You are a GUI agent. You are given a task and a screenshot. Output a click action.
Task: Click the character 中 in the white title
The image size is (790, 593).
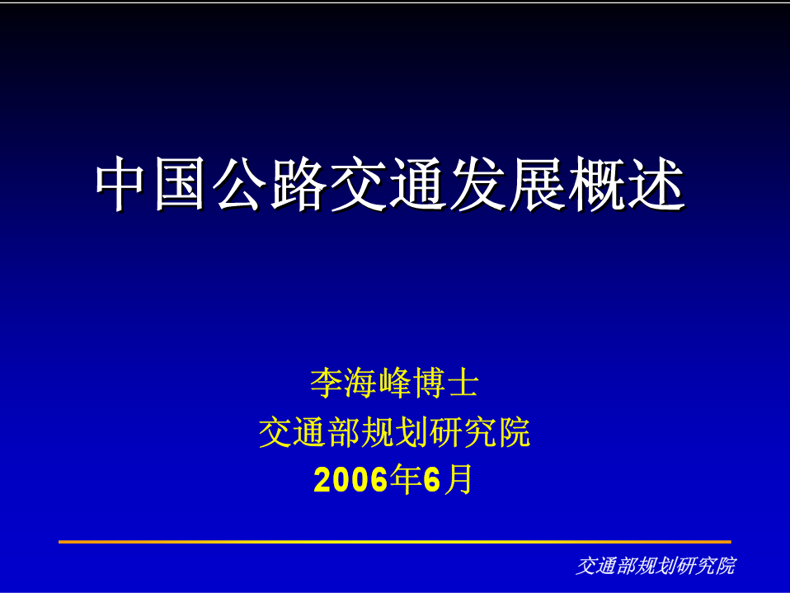click(120, 183)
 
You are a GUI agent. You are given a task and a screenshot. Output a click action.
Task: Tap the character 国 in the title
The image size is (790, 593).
click(180, 183)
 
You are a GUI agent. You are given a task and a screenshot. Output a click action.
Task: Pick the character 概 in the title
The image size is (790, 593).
click(595, 183)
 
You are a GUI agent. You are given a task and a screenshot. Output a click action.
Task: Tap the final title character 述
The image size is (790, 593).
click(655, 183)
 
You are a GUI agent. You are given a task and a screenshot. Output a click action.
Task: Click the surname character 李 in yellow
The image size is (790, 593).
click(327, 383)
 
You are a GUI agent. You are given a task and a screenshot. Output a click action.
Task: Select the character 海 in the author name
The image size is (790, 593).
click(360, 383)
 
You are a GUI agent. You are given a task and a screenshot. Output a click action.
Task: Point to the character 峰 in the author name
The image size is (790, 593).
click(395, 383)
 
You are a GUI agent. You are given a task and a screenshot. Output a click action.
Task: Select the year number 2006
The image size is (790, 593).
click(351, 479)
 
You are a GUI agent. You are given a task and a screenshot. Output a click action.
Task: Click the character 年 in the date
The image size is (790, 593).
click(406, 479)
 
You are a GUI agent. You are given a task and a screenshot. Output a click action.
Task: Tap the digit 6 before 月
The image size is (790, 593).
click(432, 479)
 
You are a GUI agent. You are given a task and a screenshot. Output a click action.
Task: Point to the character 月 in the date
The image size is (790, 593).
click(458, 479)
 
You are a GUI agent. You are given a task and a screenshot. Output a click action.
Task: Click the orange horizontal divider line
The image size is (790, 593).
click(394, 542)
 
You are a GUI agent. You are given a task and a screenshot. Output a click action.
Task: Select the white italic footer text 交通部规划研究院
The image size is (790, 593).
click(656, 566)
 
